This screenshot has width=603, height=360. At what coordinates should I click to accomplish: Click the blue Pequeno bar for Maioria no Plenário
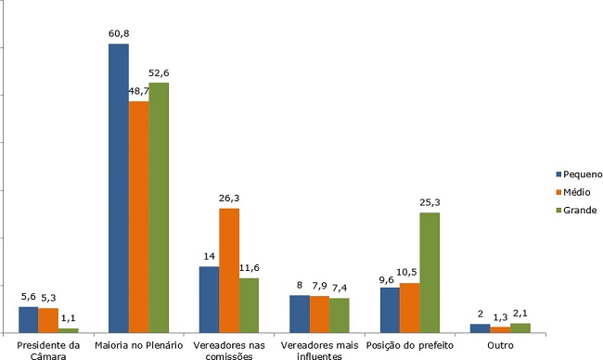pos(119,188)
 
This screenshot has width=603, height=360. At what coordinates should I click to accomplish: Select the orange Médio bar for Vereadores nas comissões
pos(229,270)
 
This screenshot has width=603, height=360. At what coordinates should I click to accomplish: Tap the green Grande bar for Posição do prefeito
pos(430,272)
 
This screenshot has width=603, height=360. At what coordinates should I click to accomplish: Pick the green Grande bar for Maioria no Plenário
pos(159,208)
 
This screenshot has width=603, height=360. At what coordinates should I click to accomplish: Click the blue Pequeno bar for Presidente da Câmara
pos(29,319)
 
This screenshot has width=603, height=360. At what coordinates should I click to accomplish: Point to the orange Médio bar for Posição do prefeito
pos(409,307)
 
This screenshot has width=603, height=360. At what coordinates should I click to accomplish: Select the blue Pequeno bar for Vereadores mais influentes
pos(300,314)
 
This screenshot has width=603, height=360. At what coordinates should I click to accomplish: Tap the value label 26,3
pos(229,198)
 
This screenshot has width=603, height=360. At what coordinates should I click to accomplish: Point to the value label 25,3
pos(430,202)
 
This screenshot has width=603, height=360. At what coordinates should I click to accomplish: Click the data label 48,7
pos(139,91)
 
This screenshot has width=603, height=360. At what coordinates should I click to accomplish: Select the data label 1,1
pos(69,317)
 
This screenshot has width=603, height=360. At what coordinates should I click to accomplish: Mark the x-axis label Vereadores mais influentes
pos(319,350)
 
